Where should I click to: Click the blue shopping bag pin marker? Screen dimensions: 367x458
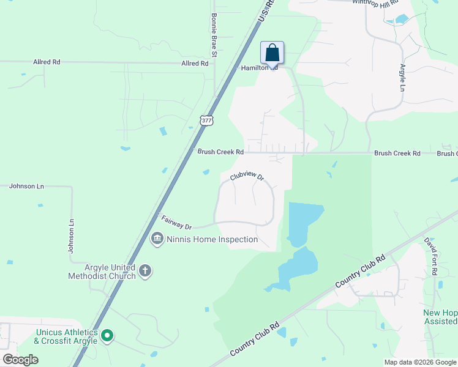click(272, 53)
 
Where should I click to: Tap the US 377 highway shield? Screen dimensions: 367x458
click(206, 120)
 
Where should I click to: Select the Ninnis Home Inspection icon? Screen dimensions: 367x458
click(157, 239)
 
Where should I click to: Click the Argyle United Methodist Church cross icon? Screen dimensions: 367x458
click(145, 271)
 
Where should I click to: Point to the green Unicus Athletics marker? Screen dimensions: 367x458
click(107, 335)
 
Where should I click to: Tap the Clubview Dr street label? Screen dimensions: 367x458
click(247, 177)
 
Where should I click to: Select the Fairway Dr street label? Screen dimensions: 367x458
click(176, 222)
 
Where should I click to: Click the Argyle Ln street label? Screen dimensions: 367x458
click(403, 78)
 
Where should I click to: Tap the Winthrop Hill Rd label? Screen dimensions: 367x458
click(375, 4)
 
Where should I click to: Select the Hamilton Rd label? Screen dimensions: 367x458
click(259, 68)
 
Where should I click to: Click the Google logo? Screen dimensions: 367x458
click(20, 360)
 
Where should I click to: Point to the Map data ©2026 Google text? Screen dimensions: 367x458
click(420, 362)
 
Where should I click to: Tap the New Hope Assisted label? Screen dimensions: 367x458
click(440, 317)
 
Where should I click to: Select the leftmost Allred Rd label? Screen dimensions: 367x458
click(47, 62)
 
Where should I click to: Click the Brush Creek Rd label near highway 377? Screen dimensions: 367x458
click(220, 152)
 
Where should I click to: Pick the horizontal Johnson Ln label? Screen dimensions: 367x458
click(27, 186)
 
